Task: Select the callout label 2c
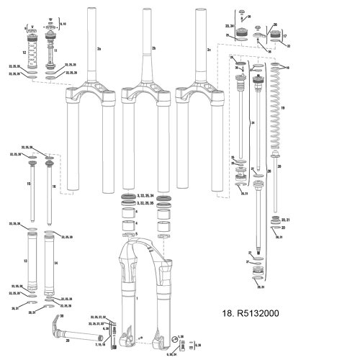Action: tap(209, 50)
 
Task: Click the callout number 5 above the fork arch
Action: tap(135, 234)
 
